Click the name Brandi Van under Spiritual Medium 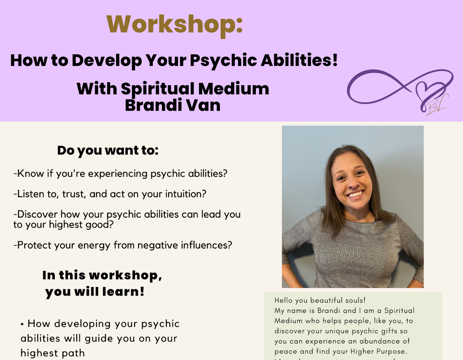coord(172,105)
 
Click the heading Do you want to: coord(108,150)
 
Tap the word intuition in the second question coord(181,194)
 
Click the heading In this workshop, coord(102,275)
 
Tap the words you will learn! coord(95,292)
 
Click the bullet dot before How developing coord(22,324)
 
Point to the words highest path coord(52,353)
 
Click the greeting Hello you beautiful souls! coord(320,300)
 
